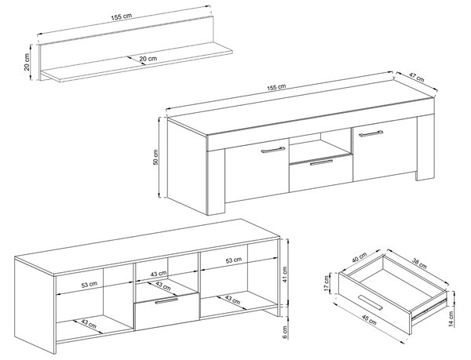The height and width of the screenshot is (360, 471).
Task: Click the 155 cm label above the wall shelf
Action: pos(122,16)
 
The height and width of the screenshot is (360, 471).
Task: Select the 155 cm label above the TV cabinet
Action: pos(276,87)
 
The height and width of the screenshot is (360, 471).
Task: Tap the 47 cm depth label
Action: pos(416,78)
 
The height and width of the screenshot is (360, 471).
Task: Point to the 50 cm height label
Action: pos(155,157)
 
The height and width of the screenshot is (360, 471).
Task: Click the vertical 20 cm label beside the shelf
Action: pos(27,62)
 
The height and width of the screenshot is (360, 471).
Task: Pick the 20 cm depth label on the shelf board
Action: pos(148,59)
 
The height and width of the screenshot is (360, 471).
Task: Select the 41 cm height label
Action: pos(285,275)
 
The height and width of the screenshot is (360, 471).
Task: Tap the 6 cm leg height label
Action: pos(285,332)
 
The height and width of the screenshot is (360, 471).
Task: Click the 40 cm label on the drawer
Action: pos(360,258)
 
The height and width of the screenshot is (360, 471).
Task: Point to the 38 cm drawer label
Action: pos(418,263)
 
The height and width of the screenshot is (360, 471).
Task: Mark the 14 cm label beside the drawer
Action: pos(451,319)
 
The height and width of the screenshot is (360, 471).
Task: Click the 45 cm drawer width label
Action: pos(368,319)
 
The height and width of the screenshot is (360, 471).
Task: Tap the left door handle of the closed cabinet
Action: pos(272,150)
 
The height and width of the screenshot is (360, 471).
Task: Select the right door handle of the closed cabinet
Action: pos(371,133)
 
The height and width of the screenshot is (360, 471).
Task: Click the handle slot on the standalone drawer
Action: pos(371,303)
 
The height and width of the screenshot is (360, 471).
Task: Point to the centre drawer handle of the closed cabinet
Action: pos(321,162)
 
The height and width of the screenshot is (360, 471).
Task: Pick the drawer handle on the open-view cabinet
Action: pos(166,301)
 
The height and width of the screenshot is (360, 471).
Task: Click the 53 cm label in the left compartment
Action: pos(89,285)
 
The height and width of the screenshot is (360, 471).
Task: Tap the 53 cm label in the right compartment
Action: pos(234,260)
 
